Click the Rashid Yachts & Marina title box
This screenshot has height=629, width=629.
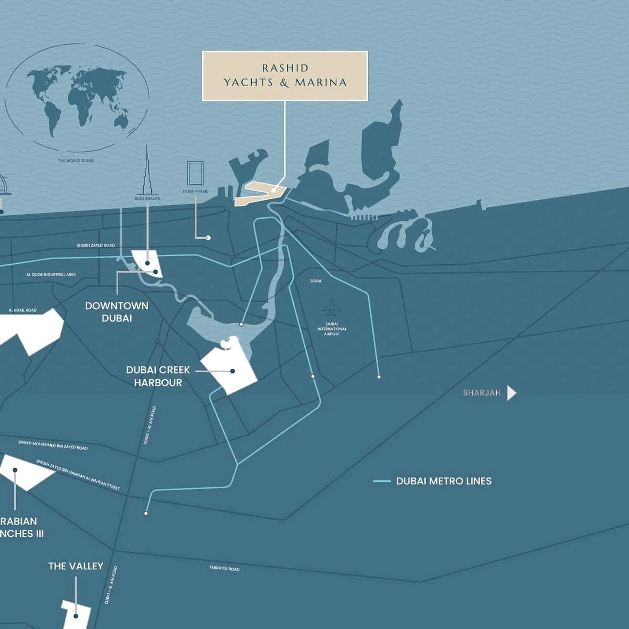(285, 75)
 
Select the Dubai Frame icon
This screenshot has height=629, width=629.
(195, 174)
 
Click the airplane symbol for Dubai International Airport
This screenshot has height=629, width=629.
(332, 308)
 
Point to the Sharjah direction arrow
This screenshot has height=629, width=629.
(512, 393)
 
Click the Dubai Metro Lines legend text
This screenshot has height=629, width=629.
(443, 481)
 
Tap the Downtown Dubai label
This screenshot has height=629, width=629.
(117, 312)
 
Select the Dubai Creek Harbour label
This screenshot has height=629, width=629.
(158, 376)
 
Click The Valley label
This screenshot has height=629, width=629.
(76, 566)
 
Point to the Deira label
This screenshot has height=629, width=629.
(316, 281)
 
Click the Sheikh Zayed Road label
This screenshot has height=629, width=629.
(96, 245)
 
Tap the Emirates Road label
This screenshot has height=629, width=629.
(225, 568)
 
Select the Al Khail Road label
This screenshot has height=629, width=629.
(23, 310)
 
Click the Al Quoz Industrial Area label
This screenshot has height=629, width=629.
(51, 275)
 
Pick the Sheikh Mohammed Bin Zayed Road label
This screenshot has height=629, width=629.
(53, 445)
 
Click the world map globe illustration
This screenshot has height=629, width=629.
(77, 98)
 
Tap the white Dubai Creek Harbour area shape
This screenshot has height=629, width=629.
(230, 368)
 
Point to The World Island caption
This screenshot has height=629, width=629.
(76, 161)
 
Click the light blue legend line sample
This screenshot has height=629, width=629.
(382, 481)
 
